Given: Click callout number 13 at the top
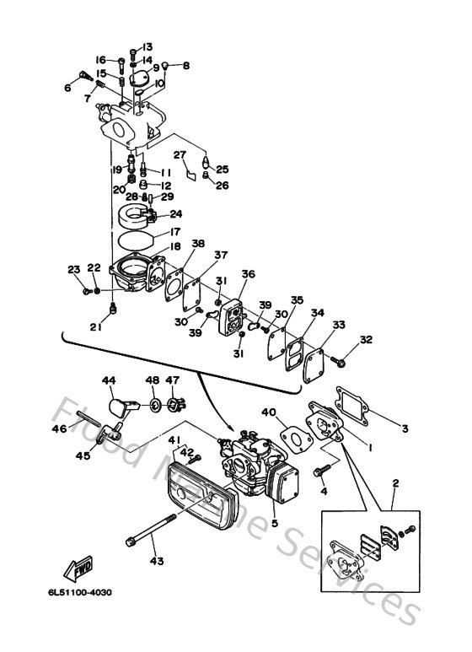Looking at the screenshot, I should coord(147,46).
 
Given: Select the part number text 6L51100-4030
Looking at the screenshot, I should coord(73,591).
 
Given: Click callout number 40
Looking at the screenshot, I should coord(269,412).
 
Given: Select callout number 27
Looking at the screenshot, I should coord(180,154).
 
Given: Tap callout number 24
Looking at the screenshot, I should coord(175,214).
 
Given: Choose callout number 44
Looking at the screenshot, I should coord(109,380).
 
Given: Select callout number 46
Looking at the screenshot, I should coord(58,428).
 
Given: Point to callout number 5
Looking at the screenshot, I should coord(273,523).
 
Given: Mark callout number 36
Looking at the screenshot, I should coord(248,274).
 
